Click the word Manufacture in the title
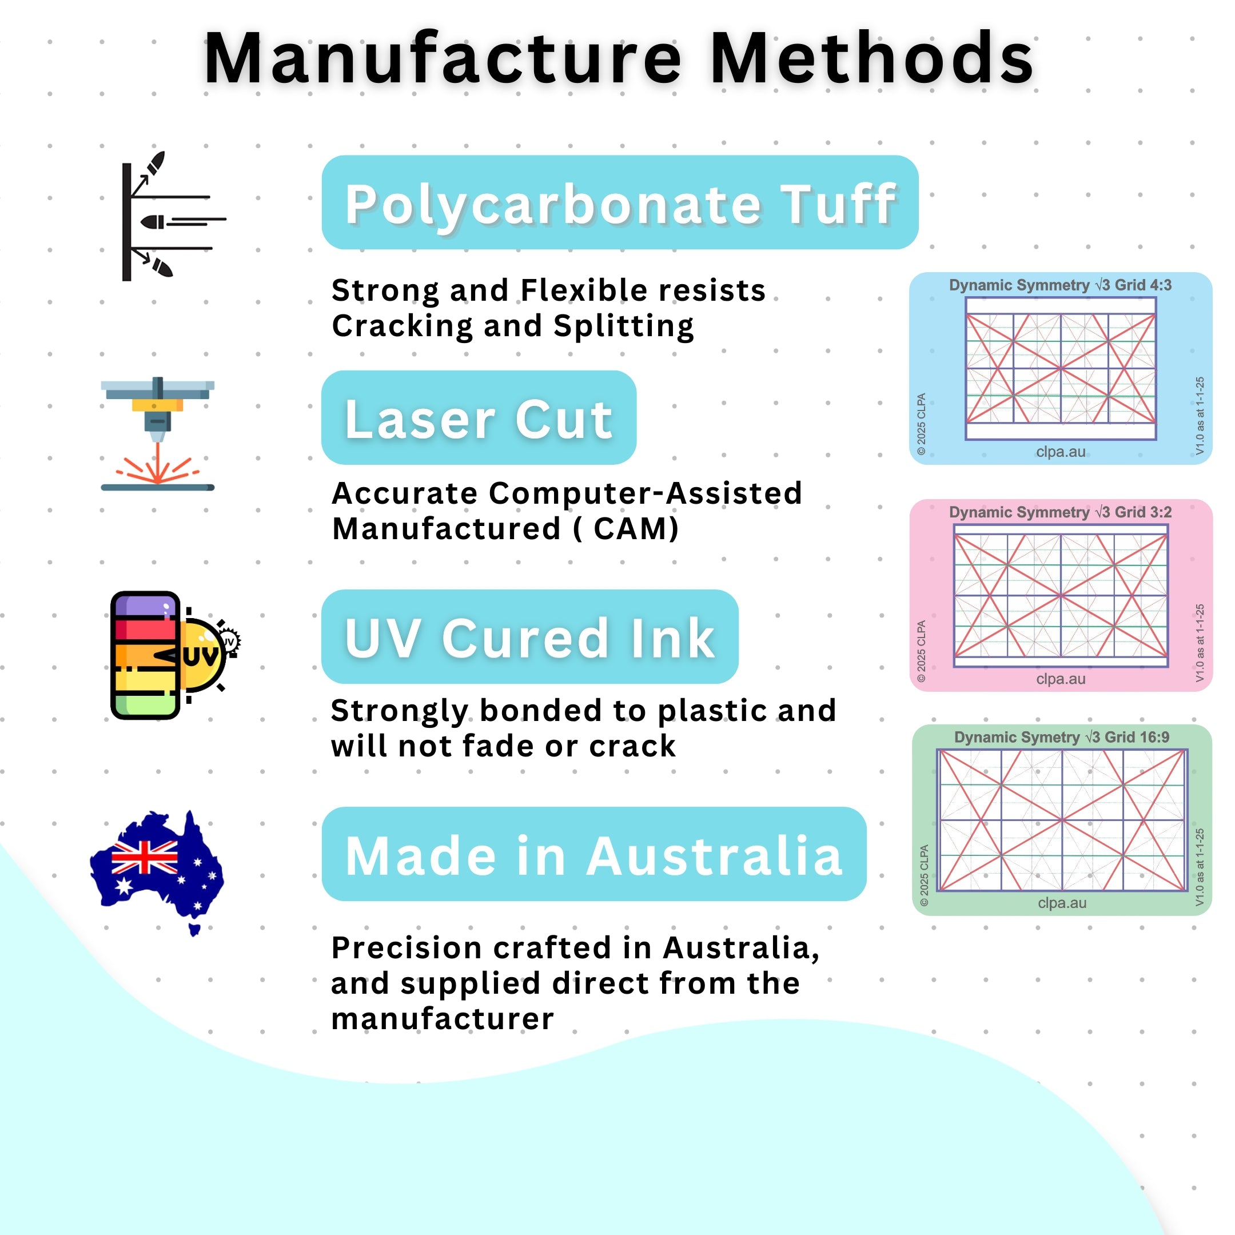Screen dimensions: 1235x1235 click(x=443, y=59)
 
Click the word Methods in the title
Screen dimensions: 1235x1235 click(x=872, y=59)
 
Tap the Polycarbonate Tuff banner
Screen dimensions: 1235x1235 click(x=620, y=202)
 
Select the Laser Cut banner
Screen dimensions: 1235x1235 click(x=479, y=417)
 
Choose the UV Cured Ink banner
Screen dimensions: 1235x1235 click(x=530, y=637)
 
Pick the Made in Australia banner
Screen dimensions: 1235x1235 click(x=594, y=854)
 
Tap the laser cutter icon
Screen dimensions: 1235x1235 click(x=158, y=434)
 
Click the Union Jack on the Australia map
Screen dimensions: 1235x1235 click(x=145, y=857)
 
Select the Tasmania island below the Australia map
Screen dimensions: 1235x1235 click(x=195, y=930)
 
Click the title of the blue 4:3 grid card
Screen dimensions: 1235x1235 click(x=1061, y=285)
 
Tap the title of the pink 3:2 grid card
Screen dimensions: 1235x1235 click(x=1061, y=512)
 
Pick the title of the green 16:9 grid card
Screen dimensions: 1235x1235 click(x=1062, y=737)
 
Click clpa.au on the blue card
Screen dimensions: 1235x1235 click(x=1061, y=451)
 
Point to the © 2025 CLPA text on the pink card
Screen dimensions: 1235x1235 click(x=921, y=651)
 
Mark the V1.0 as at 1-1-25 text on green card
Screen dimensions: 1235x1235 click(x=1199, y=867)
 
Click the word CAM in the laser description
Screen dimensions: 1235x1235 click(x=635, y=529)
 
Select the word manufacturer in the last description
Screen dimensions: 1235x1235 click(x=443, y=1018)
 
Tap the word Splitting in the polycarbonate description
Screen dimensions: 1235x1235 click(x=624, y=326)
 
